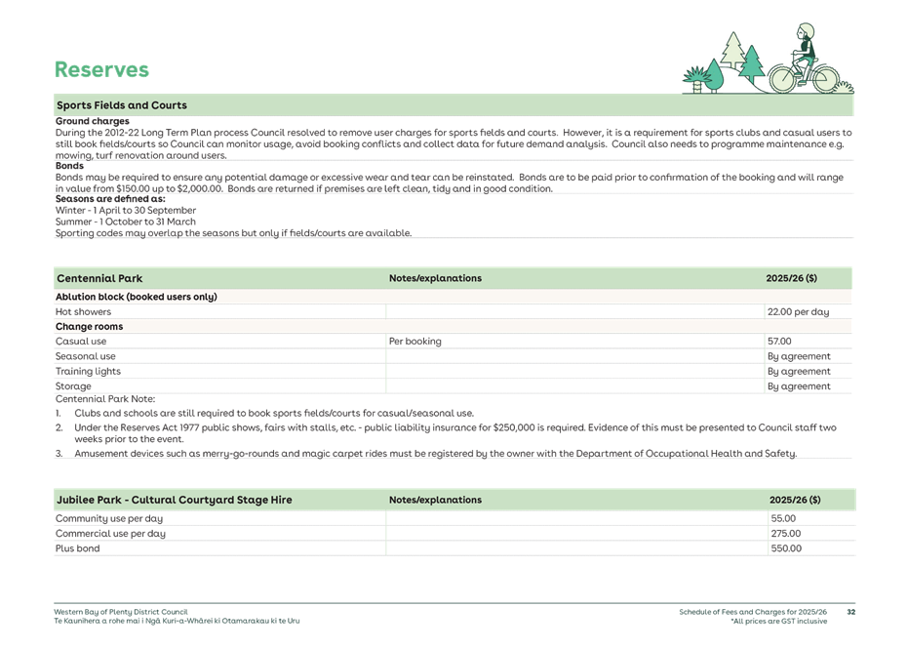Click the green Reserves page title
[x=101, y=69]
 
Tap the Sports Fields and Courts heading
[x=122, y=105]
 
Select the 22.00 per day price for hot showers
[x=798, y=312]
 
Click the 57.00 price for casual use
[x=779, y=342]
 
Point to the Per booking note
[x=415, y=342]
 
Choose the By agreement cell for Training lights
[x=799, y=371]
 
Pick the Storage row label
[x=73, y=386]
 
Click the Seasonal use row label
[x=85, y=356]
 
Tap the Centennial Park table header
[x=99, y=278]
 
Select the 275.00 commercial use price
[x=785, y=533]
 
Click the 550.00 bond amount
[x=786, y=548]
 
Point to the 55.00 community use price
[x=783, y=518]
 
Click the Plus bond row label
[x=77, y=548]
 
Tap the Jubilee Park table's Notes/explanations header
[x=435, y=500]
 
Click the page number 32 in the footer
[x=850, y=612]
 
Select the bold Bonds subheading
[x=69, y=166]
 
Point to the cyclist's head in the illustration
[x=805, y=32]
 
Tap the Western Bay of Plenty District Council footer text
[x=121, y=612]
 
